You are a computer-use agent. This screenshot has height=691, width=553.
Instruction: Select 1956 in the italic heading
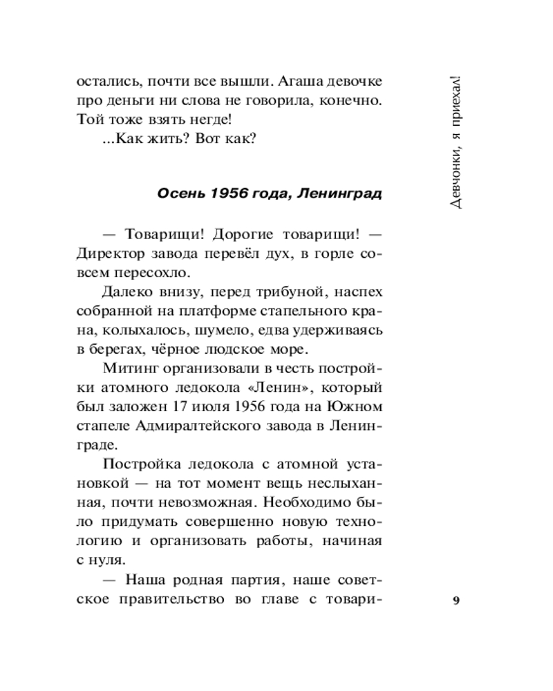pyautogui.click(x=230, y=193)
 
